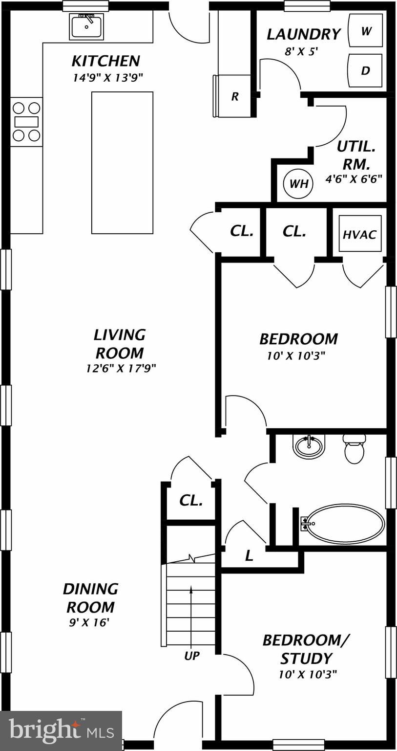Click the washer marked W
tap(365, 31)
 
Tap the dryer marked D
tap(365, 70)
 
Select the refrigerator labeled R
tap(234, 96)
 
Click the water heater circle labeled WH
tap(298, 183)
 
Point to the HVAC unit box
tap(360, 234)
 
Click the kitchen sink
tap(87, 26)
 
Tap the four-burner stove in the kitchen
tap(26, 121)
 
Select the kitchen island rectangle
tap(122, 162)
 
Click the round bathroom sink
tap(309, 446)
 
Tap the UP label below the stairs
tap(191, 656)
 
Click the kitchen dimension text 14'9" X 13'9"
tap(107, 77)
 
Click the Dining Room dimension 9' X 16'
tap(89, 622)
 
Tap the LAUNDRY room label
tap(303, 34)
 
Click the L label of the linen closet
tap(249, 555)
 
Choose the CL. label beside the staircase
tap(191, 500)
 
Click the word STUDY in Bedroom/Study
tap(306, 658)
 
